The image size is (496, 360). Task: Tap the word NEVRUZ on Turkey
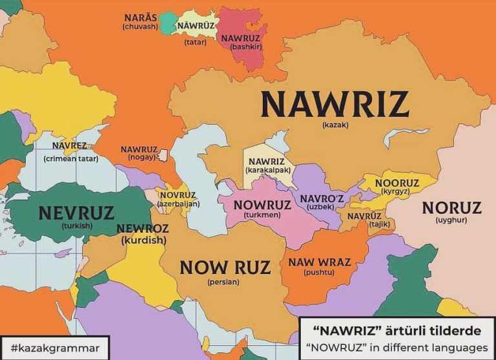coord(76,213)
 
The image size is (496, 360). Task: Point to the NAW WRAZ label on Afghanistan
coord(319,262)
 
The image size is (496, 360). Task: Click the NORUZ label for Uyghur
coord(451,208)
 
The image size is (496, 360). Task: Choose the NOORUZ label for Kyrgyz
coord(397,183)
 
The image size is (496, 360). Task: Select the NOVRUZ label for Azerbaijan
coord(178,195)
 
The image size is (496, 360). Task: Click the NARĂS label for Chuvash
coord(139,17)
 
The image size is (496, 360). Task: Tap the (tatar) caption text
coord(195,43)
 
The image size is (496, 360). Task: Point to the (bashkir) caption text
coord(240,47)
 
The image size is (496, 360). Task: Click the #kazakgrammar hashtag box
coord(55,347)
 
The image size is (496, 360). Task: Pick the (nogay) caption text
coord(139,157)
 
